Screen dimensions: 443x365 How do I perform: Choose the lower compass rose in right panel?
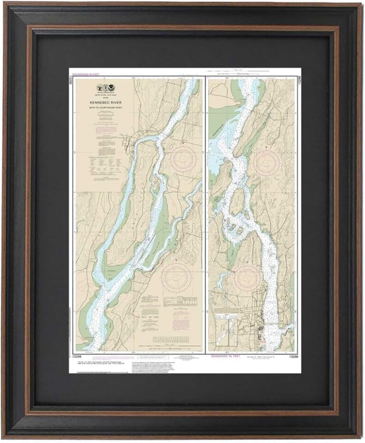coord(247,278)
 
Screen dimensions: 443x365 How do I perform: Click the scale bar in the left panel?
coord(175,339)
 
